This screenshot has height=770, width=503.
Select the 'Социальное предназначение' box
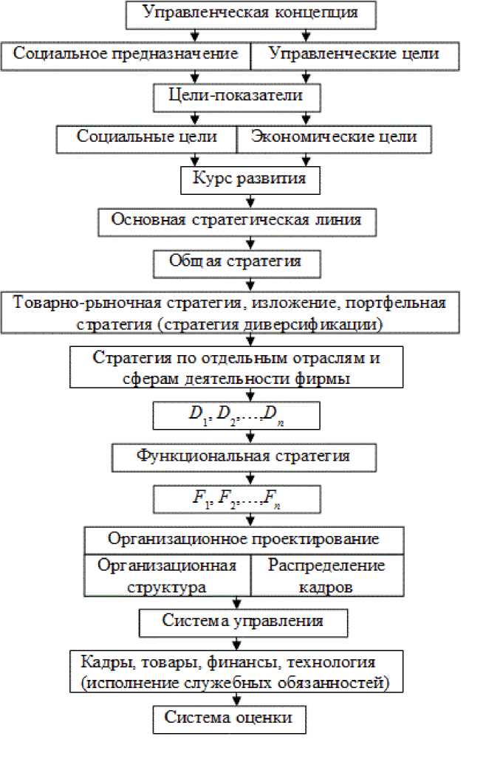[x=125, y=54]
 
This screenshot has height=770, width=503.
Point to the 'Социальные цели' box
[x=146, y=137]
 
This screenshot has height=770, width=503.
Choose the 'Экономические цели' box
[x=332, y=137]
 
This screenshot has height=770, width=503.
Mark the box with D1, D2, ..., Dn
[x=236, y=416]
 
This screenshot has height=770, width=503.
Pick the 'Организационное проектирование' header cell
[x=243, y=538]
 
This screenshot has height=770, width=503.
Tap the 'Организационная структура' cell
[x=167, y=575]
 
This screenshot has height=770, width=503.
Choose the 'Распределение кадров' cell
[x=326, y=575]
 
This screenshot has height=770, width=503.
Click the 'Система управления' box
[x=242, y=622]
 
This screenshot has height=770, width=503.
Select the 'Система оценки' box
[x=228, y=718]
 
